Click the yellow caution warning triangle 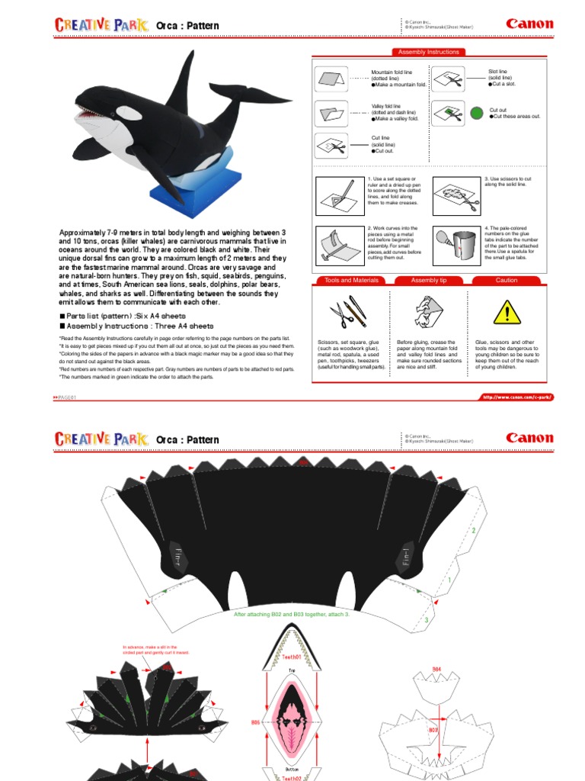pos(506,312)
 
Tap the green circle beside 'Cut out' pos(477,113)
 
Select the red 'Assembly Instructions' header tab pos(429,52)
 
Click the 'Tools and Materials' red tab pos(351,281)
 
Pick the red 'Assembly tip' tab pos(429,281)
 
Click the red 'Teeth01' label pos(292,656)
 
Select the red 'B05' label pos(255,720)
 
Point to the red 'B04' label pos(437,670)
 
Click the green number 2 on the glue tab pos(473,530)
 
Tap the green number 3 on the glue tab pos(427,620)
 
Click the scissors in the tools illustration pos(338,313)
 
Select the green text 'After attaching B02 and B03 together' pos(292,613)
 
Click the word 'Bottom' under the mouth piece pos(292,770)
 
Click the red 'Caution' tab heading pos(507,281)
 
